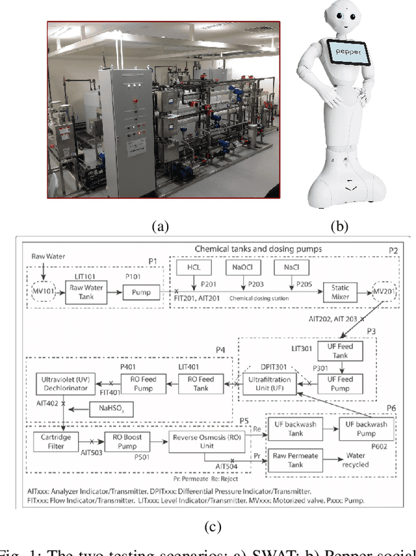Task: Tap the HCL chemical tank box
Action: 194,268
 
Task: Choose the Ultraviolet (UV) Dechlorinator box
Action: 64,384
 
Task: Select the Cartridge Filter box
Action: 57,445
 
